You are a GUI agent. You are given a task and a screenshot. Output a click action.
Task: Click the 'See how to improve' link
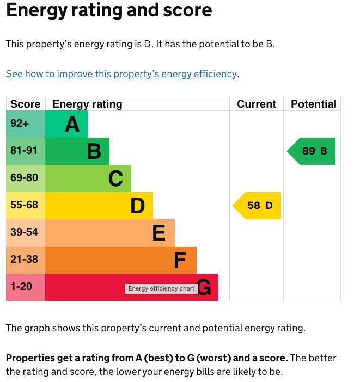click(x=121, y=74)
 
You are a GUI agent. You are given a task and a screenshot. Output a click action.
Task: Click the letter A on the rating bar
click(x=72, y=125)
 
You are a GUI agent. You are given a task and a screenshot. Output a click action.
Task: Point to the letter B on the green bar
click(x=94, y=151)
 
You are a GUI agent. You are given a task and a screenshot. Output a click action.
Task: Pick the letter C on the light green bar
click(x=115, y=178)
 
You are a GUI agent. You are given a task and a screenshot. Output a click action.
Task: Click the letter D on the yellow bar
click(x=138, y=206)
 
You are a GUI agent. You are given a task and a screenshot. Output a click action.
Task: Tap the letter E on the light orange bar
click(x=159, y=233)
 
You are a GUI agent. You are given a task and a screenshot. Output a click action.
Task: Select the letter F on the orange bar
click(x=180, y=260)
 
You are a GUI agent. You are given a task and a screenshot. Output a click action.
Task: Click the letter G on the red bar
click(x=204, y=288)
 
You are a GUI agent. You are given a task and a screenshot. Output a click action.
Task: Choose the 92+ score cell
click(x=20, y=124)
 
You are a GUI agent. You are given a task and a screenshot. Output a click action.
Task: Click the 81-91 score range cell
click(x=24, y=151)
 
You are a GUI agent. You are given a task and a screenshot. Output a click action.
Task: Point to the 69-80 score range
click(x=24, y=178)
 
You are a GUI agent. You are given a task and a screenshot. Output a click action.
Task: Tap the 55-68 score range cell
click(x=24, y=205)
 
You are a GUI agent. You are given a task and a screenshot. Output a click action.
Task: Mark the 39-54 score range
click(x=24, y=232)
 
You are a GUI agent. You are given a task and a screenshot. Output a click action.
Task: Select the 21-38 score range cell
click(x=24, y=260)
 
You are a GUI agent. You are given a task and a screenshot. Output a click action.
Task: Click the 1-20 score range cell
click(x=22, y=287)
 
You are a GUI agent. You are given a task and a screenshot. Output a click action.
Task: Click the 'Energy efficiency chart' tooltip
click(x=161, y=288)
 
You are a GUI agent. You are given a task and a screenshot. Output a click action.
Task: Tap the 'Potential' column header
click(x=314, y=104)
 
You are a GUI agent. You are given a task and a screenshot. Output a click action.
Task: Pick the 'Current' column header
click(x=257, y=104)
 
